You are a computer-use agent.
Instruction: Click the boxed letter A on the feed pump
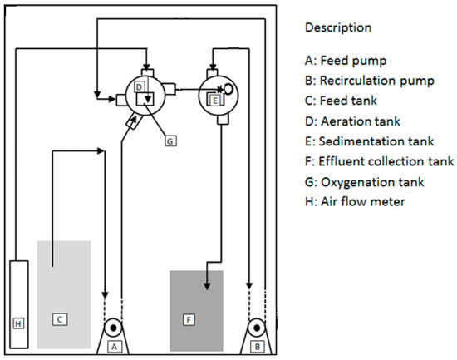click(115, 347)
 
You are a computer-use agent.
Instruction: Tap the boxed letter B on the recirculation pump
click(258, 347)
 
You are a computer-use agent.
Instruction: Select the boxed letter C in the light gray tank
click(60, 319)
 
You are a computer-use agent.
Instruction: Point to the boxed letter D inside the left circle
click(139, 87)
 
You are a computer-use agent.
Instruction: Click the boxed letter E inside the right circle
click(215, 101)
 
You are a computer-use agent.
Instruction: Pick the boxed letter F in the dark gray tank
click(189, 320)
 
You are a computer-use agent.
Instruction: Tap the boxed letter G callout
click(170, 141)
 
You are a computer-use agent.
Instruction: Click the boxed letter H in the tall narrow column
click(18, 323)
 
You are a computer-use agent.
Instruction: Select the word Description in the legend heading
click(338, 27)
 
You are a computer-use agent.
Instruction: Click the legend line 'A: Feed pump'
click(346, 61)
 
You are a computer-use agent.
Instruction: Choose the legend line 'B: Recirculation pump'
click(370, 81)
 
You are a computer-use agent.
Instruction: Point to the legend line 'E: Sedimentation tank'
click(369, 141)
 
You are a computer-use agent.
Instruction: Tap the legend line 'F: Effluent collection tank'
click(379, 161)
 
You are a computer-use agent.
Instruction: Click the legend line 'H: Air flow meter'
click(355, 201)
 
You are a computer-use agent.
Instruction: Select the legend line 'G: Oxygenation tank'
click(364, 182)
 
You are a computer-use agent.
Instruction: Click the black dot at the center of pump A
click(113, 328)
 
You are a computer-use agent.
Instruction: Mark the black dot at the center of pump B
click(257, 328)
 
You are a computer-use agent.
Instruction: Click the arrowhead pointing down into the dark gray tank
click(207, 286)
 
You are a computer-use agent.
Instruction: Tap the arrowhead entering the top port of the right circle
click(213, 67)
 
